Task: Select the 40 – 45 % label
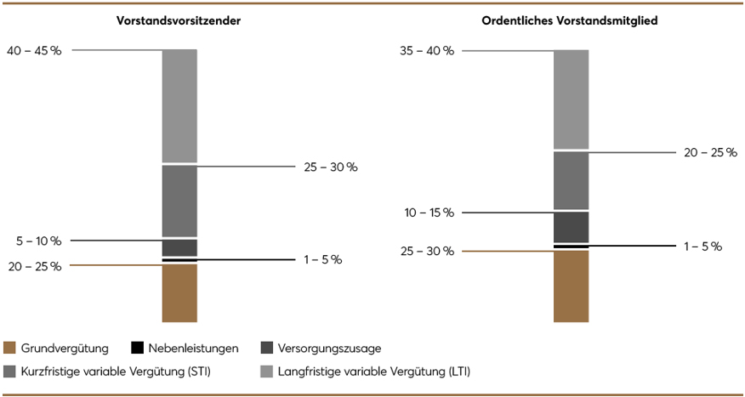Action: click(34, 51)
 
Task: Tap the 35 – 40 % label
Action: click(426, 51)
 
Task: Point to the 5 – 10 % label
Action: click(39, 241)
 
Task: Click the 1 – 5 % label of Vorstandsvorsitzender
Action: click(322, 259)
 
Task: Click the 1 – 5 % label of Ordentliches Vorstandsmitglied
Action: click(702, 247)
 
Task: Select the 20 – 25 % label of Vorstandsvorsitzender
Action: click(34, 266)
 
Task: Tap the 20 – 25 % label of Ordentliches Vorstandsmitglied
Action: click(710, 153)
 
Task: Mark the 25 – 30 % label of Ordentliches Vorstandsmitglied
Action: click(426, 252)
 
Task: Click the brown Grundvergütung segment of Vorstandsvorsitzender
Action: click(179, 293)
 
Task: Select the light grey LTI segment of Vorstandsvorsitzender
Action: click(179, 105)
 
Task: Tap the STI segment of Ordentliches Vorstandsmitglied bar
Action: click(571, 180)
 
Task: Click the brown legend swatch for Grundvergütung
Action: click(11, 348)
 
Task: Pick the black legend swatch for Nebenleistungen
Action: click(137, 348)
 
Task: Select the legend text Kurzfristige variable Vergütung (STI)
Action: click(117, 371)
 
